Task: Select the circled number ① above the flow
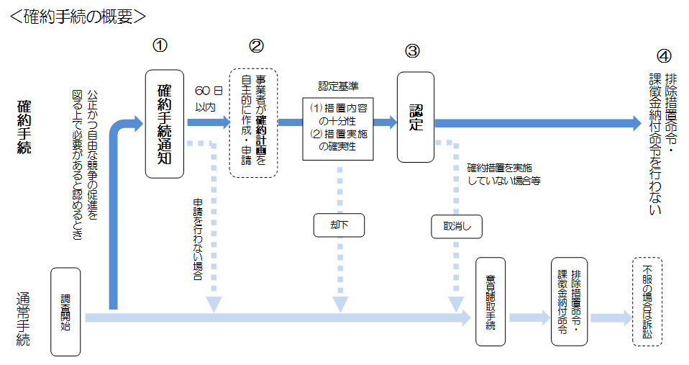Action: click(160, 45)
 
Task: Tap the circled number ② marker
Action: click(256, 45)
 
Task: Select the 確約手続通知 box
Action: click(164, 124)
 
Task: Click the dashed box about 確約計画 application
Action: click(253, 122)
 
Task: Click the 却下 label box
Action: click(338, 225)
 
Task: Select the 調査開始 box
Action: click(65, 311)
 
